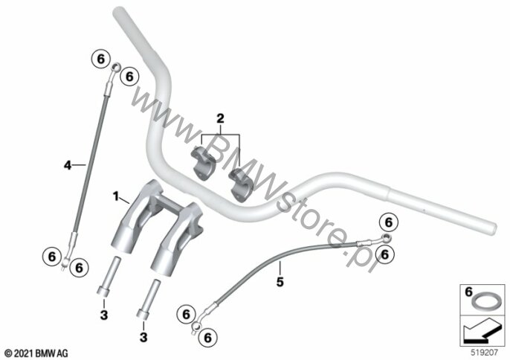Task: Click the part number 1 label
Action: click(x=115, y=196)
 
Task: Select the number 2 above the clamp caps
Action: click(x=219, y=118)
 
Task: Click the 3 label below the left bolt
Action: click(x=103, y=317)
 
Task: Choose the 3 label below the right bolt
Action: click(x=143, y=337)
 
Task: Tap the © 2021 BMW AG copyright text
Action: click(x=36, y=351)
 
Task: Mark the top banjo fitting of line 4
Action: click(x=113, y=69)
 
